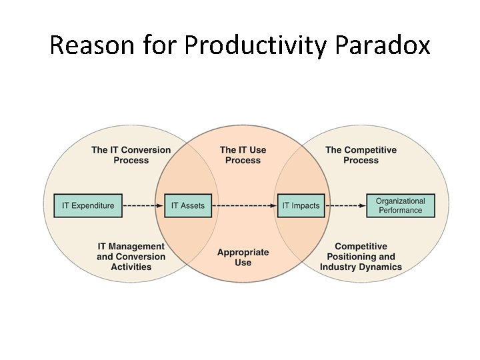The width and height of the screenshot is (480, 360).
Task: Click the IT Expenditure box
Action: tap(88, 205)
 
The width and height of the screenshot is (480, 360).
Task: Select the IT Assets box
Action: tap(188, 205)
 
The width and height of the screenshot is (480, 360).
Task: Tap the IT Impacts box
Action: tap(301, 205)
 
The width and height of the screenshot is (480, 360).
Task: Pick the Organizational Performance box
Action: tap(400, 205)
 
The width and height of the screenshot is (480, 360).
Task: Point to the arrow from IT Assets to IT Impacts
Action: tap(245, 205)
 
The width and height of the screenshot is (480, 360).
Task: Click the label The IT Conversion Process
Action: tap(131, 155)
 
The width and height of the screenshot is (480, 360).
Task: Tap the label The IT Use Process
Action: tap(243, 155)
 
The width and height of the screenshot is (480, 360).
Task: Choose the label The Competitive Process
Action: tap(361, 155)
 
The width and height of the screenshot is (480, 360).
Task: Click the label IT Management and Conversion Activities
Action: tap(131, 257)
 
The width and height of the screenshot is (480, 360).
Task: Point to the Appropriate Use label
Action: tap(243, 257)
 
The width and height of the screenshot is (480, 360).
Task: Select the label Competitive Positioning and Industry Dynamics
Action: tap(361, 257)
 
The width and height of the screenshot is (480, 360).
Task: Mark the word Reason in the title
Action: tap(90, 45)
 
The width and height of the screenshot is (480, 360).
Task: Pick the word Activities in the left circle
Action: tap(131, 267)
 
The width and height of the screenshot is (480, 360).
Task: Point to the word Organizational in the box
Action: tap(400, 201)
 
